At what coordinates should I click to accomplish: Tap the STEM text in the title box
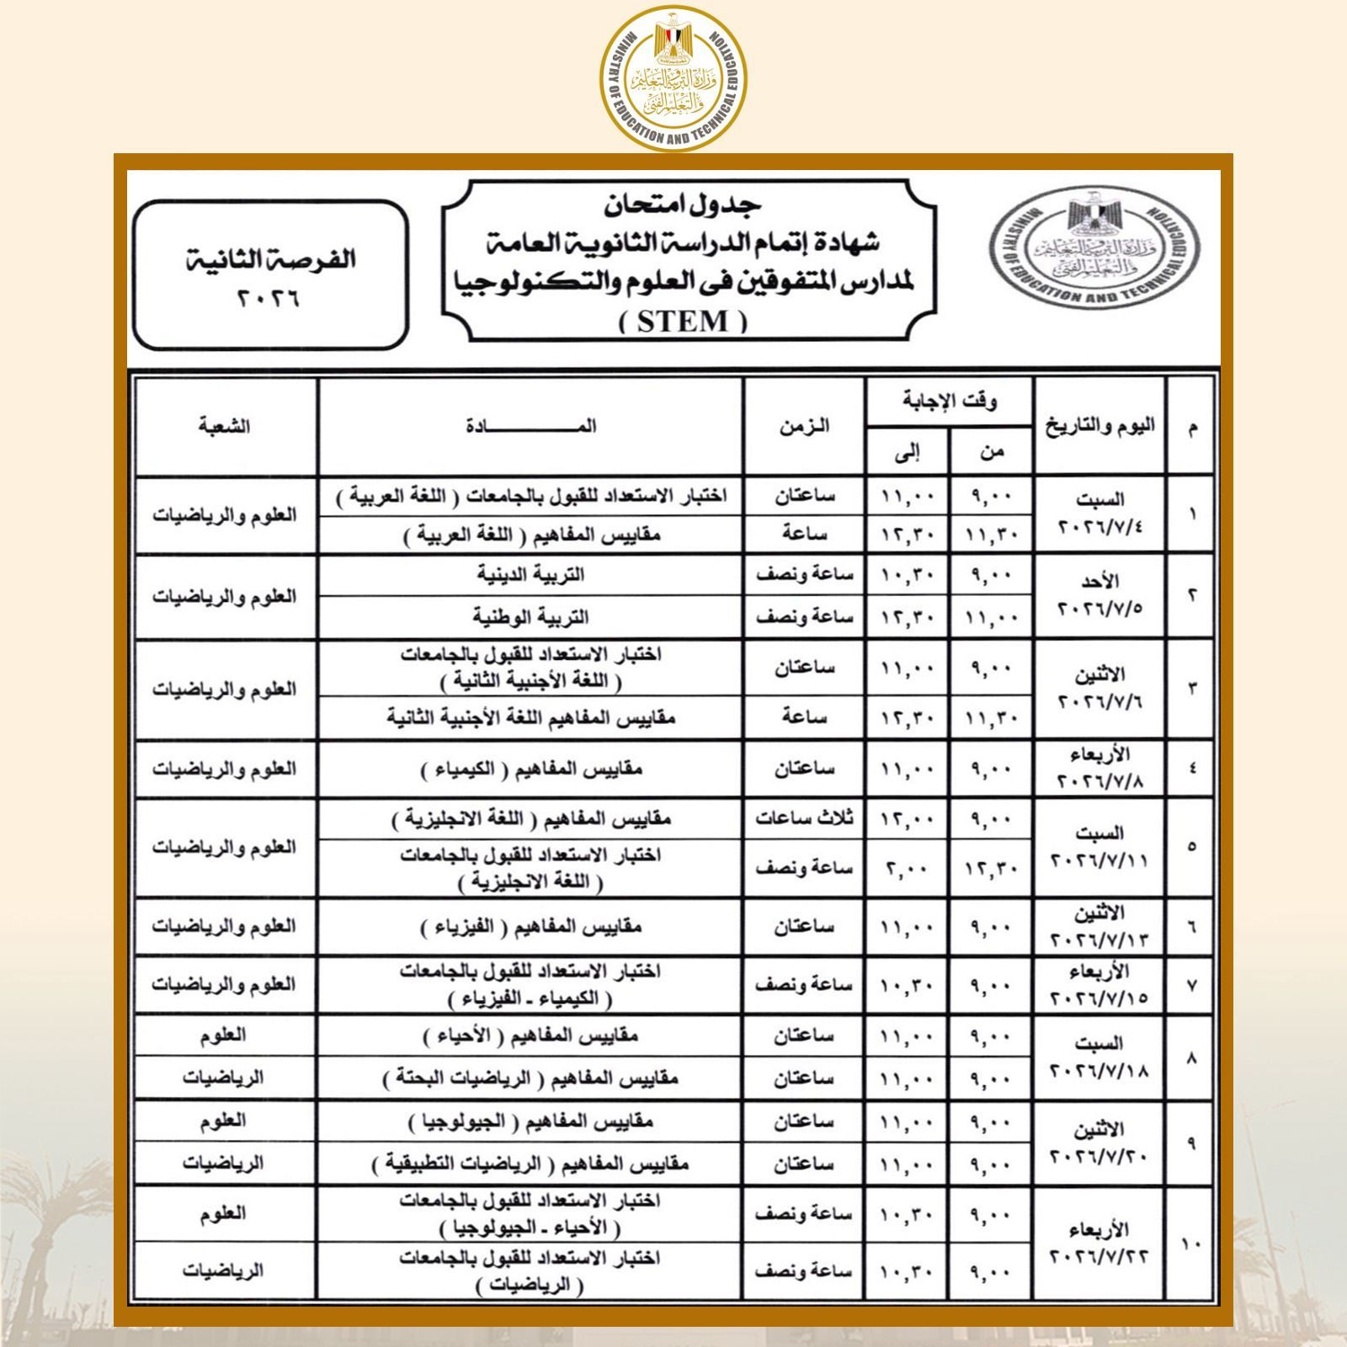(683, 322)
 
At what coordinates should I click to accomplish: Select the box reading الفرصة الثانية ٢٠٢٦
(270, 275)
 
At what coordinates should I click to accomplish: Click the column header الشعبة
(225, 426)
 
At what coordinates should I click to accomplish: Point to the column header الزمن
(803, 426)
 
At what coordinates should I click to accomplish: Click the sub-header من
(991, 452)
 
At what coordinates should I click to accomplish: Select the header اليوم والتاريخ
(1099, 426)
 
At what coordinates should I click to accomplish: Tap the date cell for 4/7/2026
(1099, 514)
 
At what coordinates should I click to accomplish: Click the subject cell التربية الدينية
(530, 575)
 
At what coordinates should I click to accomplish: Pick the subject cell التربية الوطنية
(530, 617)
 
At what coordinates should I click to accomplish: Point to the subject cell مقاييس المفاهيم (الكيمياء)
(530, 769)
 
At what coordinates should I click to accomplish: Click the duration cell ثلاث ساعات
(803, 818)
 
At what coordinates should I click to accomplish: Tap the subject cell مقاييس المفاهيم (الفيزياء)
(530, 927)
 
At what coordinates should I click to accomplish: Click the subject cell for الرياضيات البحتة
(530, 1078)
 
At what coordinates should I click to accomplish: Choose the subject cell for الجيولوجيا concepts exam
(530, 1121)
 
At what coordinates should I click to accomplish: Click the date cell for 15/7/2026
(1099, 985)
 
